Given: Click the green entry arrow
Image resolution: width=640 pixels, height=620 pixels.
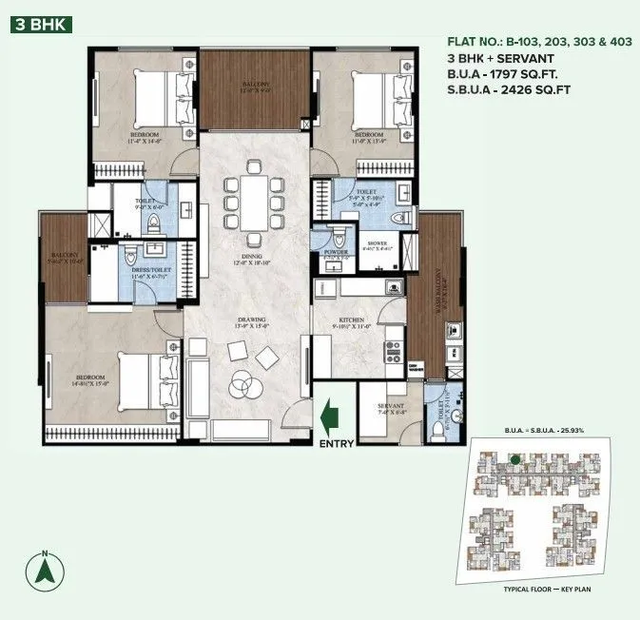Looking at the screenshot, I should pos(330,416).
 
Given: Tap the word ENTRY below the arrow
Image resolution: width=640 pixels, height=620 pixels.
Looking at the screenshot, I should pos(337,443).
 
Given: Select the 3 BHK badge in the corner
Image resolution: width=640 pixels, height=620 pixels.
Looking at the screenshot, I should pos(38,24).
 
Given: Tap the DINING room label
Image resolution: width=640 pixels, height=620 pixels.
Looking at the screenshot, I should pos(252,259).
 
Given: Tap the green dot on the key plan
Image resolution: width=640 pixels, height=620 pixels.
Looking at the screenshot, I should pos(514,459).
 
